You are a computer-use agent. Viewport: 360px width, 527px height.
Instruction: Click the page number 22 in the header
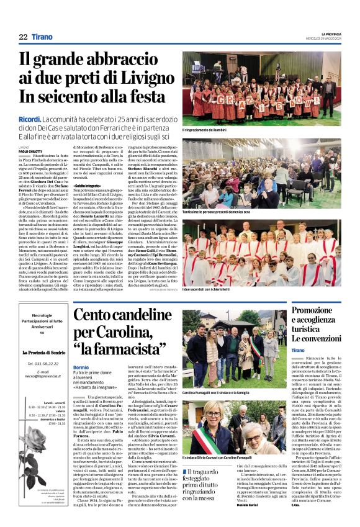(23, 37)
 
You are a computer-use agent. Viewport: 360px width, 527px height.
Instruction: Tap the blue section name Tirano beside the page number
(42, 37)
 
